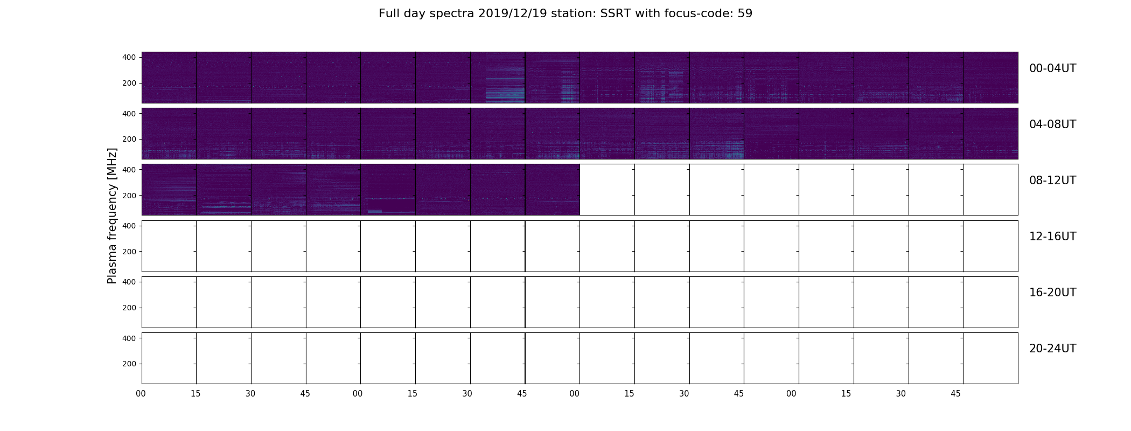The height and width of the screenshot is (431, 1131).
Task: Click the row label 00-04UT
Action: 1052,68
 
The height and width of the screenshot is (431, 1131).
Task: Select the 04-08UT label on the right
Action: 1052,124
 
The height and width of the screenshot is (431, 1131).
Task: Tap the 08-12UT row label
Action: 1052,180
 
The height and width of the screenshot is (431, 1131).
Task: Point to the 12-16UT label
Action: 1052,237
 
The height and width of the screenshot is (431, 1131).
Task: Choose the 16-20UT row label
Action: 1052,293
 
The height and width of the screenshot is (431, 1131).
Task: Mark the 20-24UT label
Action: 1052,349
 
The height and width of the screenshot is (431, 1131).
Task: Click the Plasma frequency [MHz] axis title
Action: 112,215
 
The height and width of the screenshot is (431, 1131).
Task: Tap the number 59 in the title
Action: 745,13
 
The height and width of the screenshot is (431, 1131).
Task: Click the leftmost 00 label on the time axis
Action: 141,394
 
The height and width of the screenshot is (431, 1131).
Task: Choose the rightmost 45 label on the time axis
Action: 955,394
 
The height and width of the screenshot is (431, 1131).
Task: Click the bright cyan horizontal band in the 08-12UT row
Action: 226,206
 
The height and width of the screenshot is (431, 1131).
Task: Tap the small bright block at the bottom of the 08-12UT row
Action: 375,212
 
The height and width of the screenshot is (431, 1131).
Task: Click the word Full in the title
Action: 389,13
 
